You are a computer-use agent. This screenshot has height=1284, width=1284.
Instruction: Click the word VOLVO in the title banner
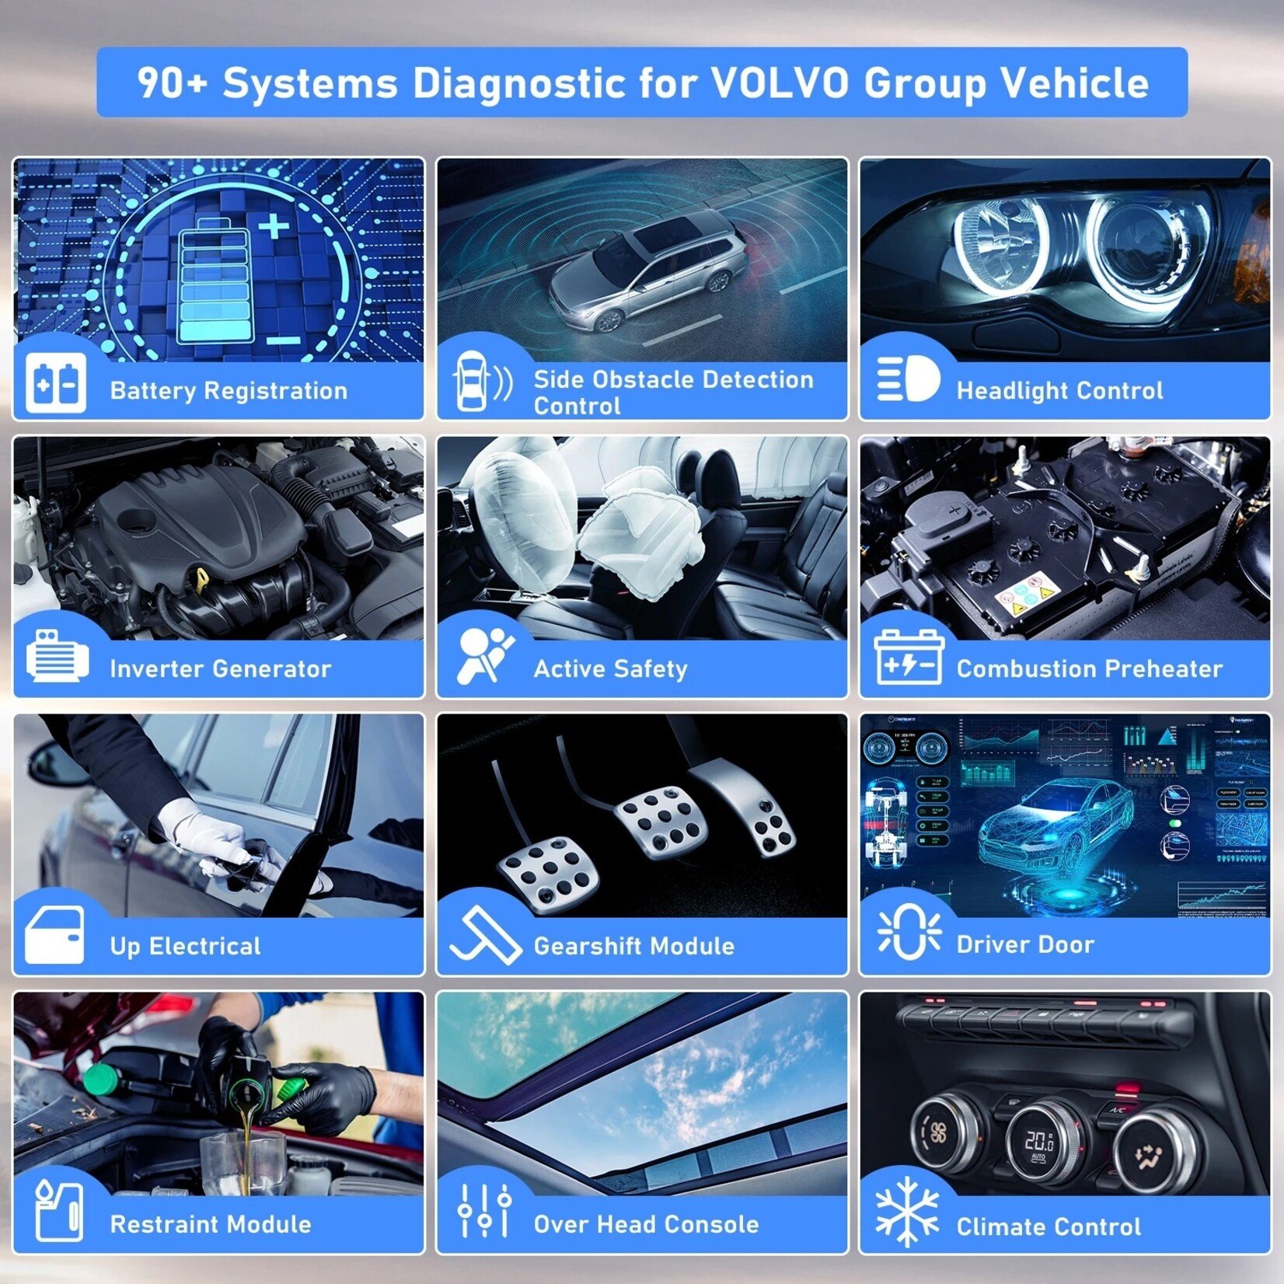pos(780,83)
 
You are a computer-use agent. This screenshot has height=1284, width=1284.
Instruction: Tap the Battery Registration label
pos(229,390)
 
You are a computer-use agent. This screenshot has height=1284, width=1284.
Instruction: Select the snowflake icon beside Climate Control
pos(906,1212)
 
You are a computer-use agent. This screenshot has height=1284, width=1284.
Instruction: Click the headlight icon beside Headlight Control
pos(908,379)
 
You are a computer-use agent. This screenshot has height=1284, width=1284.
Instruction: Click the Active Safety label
pos(610,668)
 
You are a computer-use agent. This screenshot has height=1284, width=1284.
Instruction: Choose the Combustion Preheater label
pos(1089,668)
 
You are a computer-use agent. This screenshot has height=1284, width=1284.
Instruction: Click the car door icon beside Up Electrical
pos(54,935)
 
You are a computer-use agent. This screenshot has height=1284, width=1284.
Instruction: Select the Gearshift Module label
pos(633,946)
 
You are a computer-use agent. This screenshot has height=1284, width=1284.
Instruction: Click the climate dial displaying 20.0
pos(1040,1141)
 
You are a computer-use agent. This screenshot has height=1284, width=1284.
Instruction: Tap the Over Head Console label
pos(646,1224)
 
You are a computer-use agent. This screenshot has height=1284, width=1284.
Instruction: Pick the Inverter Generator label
pos(220,668)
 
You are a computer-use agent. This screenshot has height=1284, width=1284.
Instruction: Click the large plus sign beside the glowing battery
pos(274,226)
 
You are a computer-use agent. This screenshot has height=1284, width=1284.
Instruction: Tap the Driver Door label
pos(1025,944)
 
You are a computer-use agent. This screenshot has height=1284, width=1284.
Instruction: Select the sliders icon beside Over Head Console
pos(483,1210)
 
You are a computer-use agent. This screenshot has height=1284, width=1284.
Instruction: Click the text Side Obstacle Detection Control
pos(673,392)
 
